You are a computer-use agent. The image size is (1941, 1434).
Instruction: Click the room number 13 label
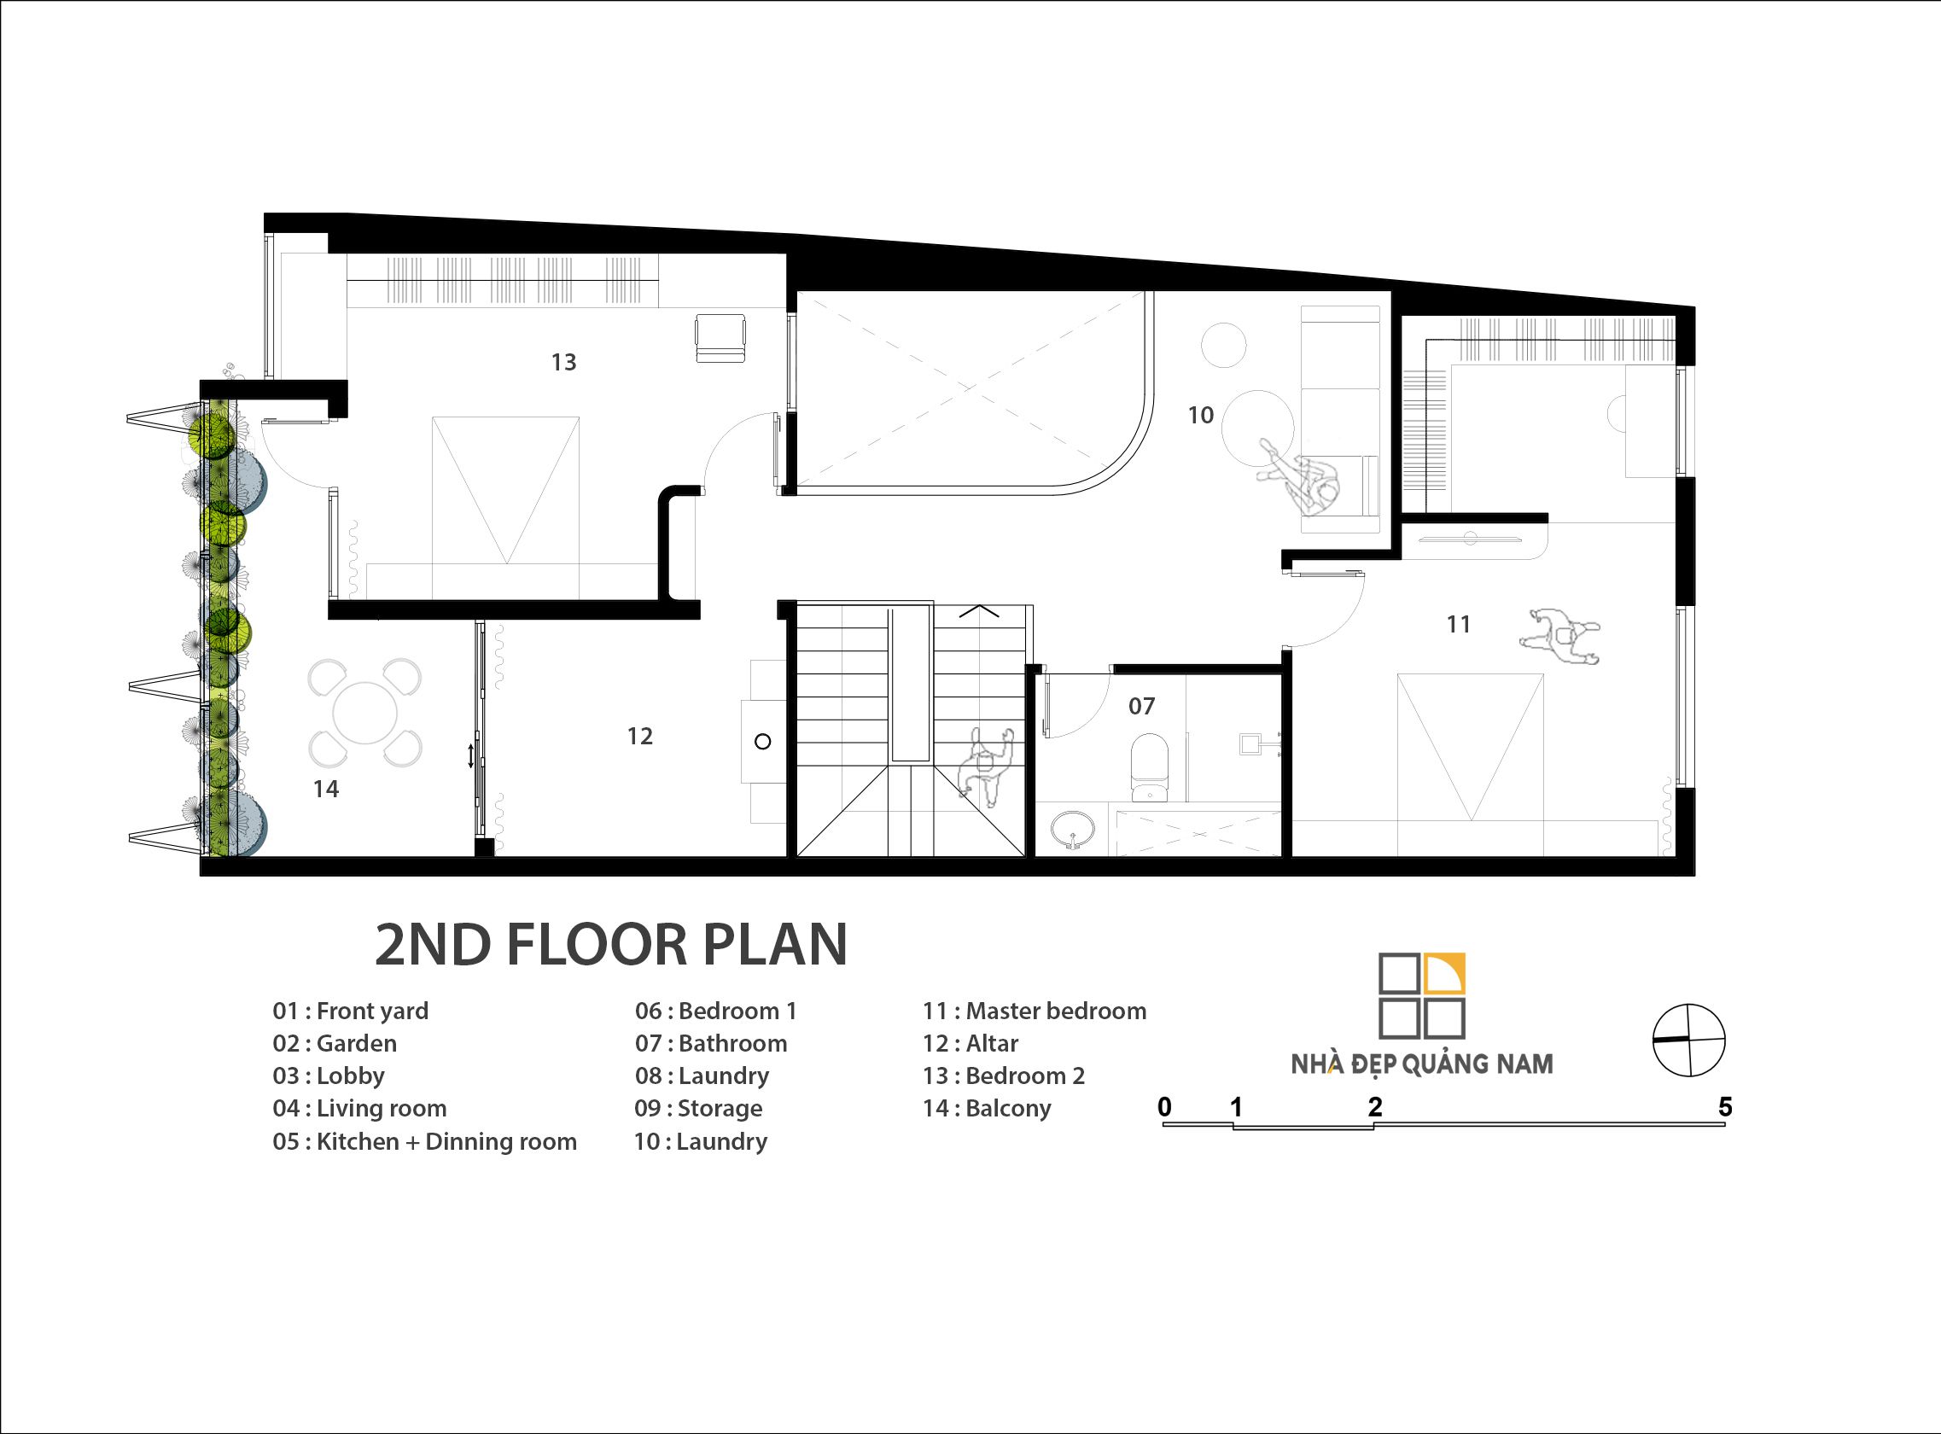click(x=563, y=362)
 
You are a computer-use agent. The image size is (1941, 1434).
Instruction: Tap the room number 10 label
click(x=1201, y=415)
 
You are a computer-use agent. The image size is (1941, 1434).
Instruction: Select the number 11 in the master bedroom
click(x=1459, y=623)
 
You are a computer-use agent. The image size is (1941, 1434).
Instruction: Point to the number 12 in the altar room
click(x=640, y=736)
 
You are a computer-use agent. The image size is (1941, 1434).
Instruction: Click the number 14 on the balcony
click(x=326, y=788)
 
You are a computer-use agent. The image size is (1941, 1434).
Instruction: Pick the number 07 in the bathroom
click(x=1141, y=706)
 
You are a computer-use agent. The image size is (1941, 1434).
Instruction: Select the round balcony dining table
click(x=364, y=714)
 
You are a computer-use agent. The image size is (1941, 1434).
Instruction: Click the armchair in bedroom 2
click(x=720, y=339)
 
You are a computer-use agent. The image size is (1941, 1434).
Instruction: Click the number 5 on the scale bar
click(x=1725, y=1107)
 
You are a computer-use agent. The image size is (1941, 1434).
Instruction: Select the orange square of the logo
click(x=1445, y=972)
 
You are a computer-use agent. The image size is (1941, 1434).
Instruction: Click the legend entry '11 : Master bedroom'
click(x=1034, y=1011)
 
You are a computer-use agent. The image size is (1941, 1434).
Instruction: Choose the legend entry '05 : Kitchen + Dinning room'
click(x=424, y=1140)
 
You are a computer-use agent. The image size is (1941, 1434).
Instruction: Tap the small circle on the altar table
click(x=763, y=741)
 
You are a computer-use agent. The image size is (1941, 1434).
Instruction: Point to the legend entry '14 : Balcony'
click(x=986, y=1109)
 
